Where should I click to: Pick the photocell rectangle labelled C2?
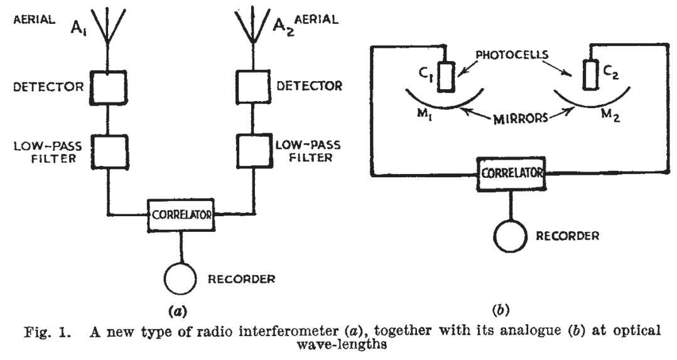589,75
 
